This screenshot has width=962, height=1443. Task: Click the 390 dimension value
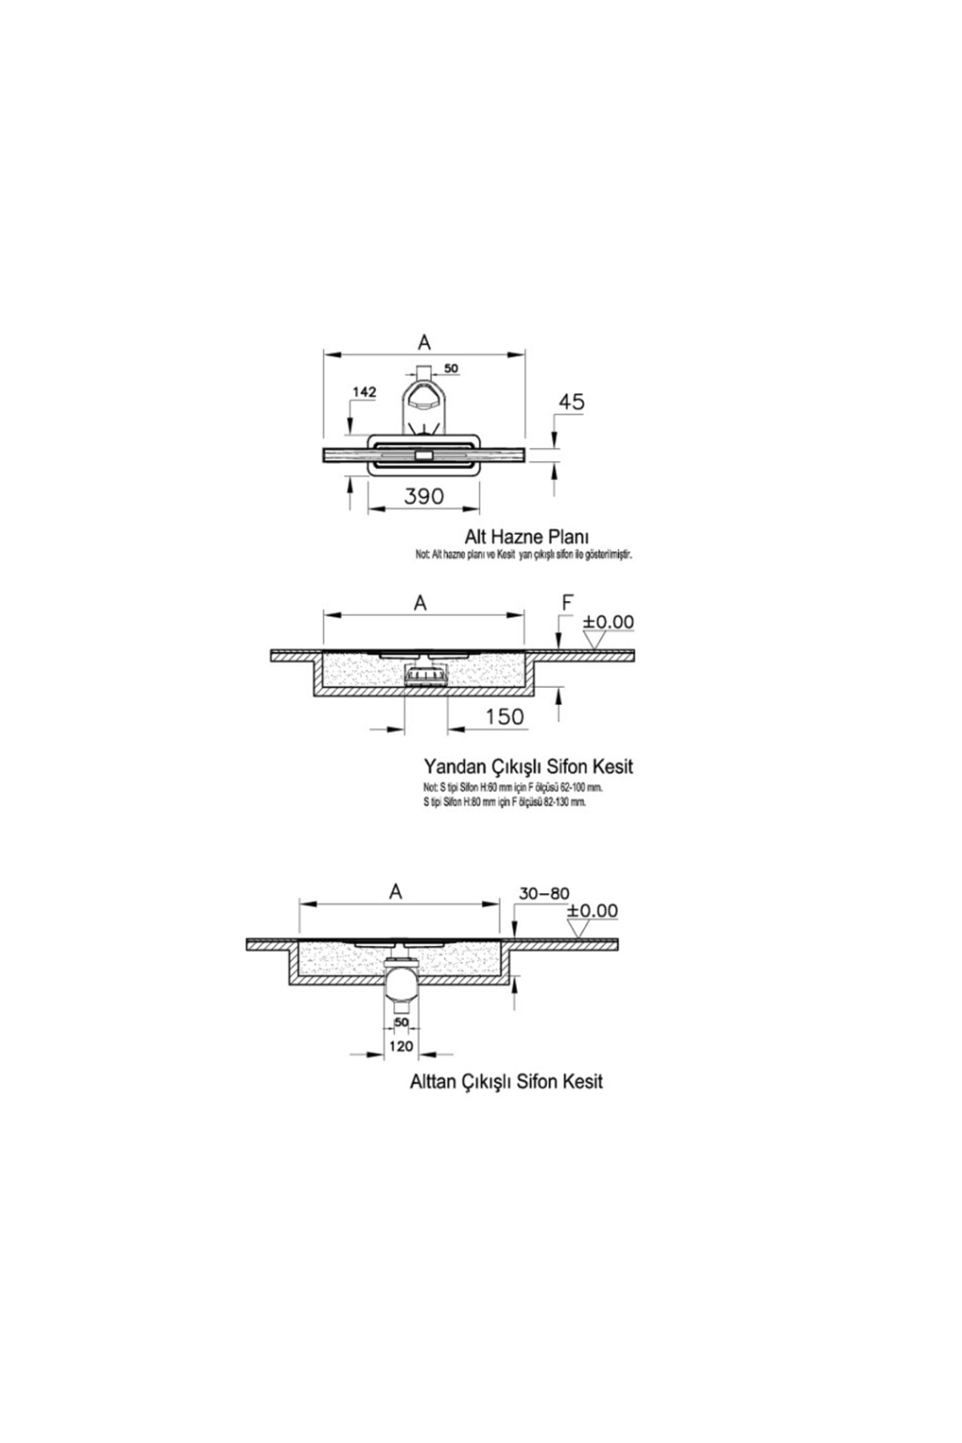click(x=423, y=496)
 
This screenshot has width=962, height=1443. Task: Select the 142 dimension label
click(x=364, y=392)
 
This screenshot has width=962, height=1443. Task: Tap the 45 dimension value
click(x=572, y=402)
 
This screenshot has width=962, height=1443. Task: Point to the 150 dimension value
click(x=504, y=716)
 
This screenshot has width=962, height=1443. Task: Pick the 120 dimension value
click(x=401, y=1045)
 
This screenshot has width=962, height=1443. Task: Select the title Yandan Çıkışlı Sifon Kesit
click(x=527, y=766)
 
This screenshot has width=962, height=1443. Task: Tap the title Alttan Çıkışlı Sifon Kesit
click(x=506, y=1081)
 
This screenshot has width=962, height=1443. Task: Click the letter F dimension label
click(x=568, y=603)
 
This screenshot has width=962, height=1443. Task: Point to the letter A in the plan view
click(x=424, y=342)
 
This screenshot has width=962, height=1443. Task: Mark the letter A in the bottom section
click(x=395, y=891)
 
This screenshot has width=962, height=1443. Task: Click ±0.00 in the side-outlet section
click(x=608, y=622)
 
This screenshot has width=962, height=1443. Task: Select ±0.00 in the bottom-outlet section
click(x=592, y=911)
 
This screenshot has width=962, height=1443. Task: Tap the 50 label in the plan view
click(x=451, y=368)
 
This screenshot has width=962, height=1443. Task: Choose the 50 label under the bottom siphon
click(x=401, y=1022)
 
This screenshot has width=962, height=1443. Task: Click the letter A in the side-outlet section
click(x=420, y=603)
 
